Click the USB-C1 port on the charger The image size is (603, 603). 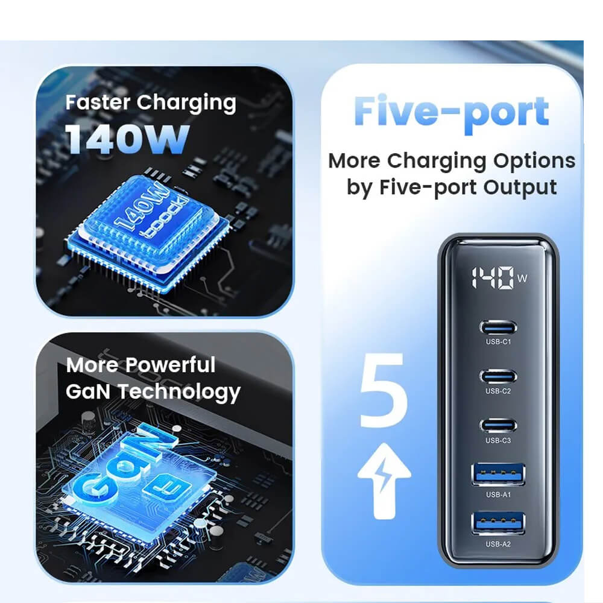498,327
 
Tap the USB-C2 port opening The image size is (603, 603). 498,376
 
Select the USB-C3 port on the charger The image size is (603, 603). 498,426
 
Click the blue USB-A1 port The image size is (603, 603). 498,475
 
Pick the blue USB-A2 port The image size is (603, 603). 498,523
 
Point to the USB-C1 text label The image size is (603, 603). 498,341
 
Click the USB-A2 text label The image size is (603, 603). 498,544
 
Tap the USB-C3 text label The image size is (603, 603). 498,440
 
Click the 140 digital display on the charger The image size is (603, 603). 493,277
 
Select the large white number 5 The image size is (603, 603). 383,390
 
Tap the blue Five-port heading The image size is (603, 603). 451,112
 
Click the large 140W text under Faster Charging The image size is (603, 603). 127,139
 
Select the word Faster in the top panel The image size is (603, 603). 98,103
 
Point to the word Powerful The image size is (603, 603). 171,365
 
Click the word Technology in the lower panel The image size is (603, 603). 179,393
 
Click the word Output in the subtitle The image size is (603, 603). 520,188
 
